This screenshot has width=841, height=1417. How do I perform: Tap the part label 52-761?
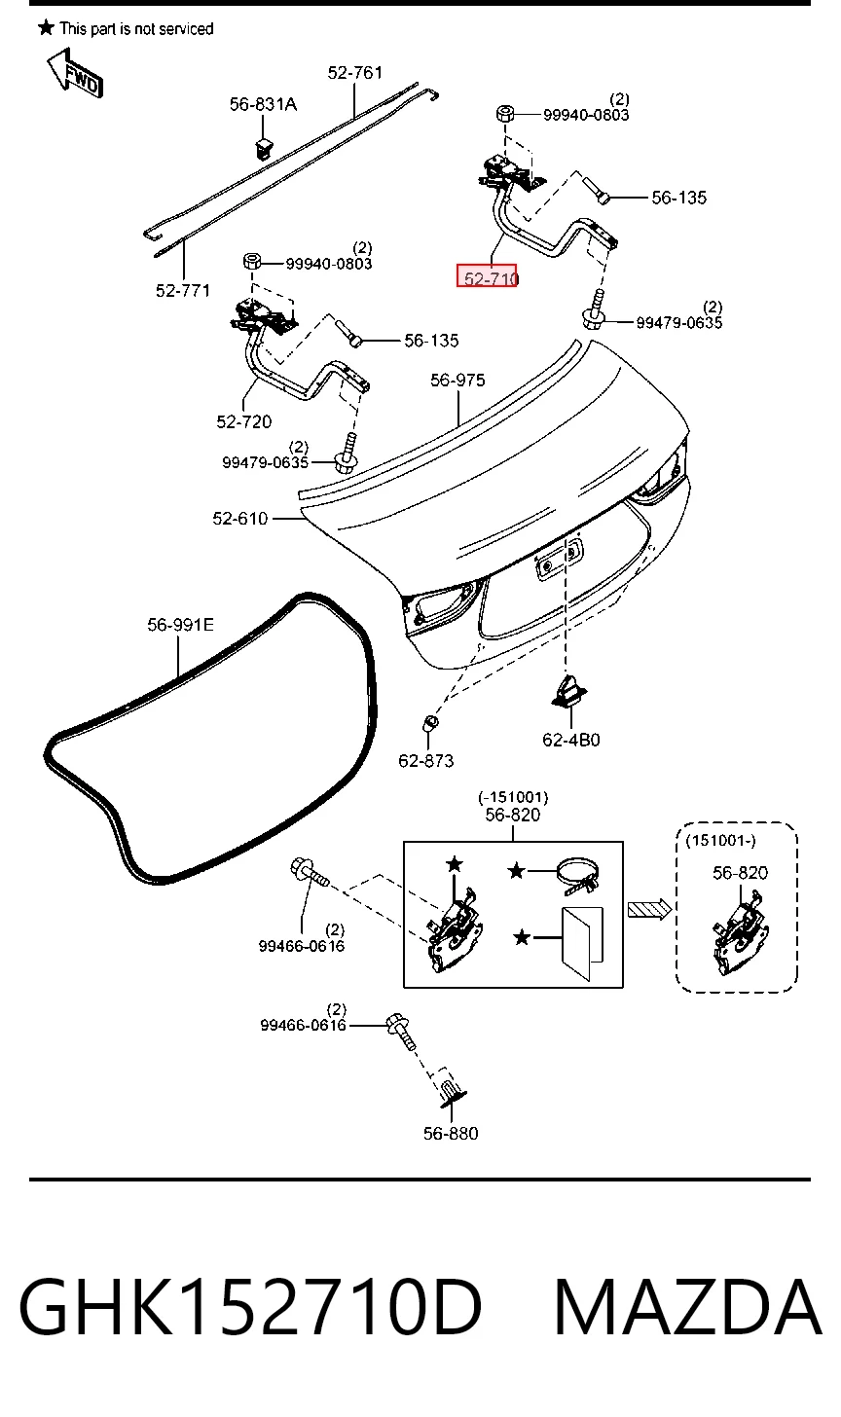point(355,73)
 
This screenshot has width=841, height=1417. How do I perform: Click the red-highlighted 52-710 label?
point(487,275)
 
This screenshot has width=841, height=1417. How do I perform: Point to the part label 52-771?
point(183,290)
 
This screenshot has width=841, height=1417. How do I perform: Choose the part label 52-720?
point(243,421)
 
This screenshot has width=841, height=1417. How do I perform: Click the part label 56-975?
point(457,381)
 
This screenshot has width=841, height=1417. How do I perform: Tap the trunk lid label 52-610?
point(240,518)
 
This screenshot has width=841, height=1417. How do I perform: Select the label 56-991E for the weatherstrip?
point(180,625)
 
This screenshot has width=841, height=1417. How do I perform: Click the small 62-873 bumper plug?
point(430,722)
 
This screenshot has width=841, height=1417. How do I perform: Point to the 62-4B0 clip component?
point(568,690)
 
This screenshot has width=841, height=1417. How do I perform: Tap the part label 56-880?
point(451,1133)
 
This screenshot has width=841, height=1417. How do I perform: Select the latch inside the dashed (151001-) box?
point(739,931)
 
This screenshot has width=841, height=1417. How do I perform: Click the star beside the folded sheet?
point(522,937)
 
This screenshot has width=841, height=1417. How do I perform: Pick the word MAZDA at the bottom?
point(688,1306)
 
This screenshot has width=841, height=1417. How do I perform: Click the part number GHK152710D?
point(250,1306)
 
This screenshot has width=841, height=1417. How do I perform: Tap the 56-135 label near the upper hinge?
point(679,198)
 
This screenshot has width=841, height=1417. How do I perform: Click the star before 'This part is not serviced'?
point(46,27)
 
